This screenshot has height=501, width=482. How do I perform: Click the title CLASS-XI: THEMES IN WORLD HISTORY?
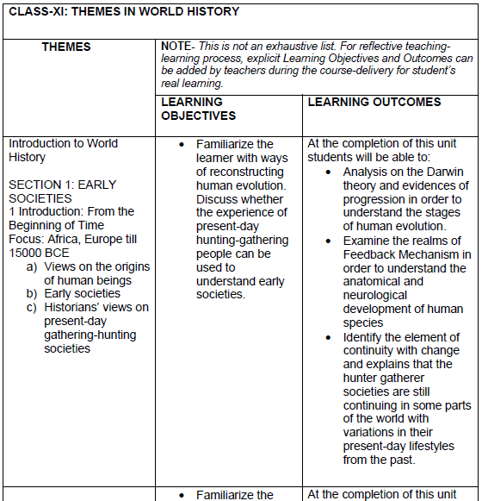(x=123, y=12)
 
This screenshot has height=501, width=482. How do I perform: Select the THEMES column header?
(x=66, y=47)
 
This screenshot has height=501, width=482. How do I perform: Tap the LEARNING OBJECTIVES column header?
(x=198, y=109)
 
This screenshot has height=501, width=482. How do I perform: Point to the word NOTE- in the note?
(x=178, y=45)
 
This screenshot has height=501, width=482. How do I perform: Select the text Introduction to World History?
(x=63, y=150)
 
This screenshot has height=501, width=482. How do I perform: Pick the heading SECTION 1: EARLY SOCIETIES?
(x=62, y=191)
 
